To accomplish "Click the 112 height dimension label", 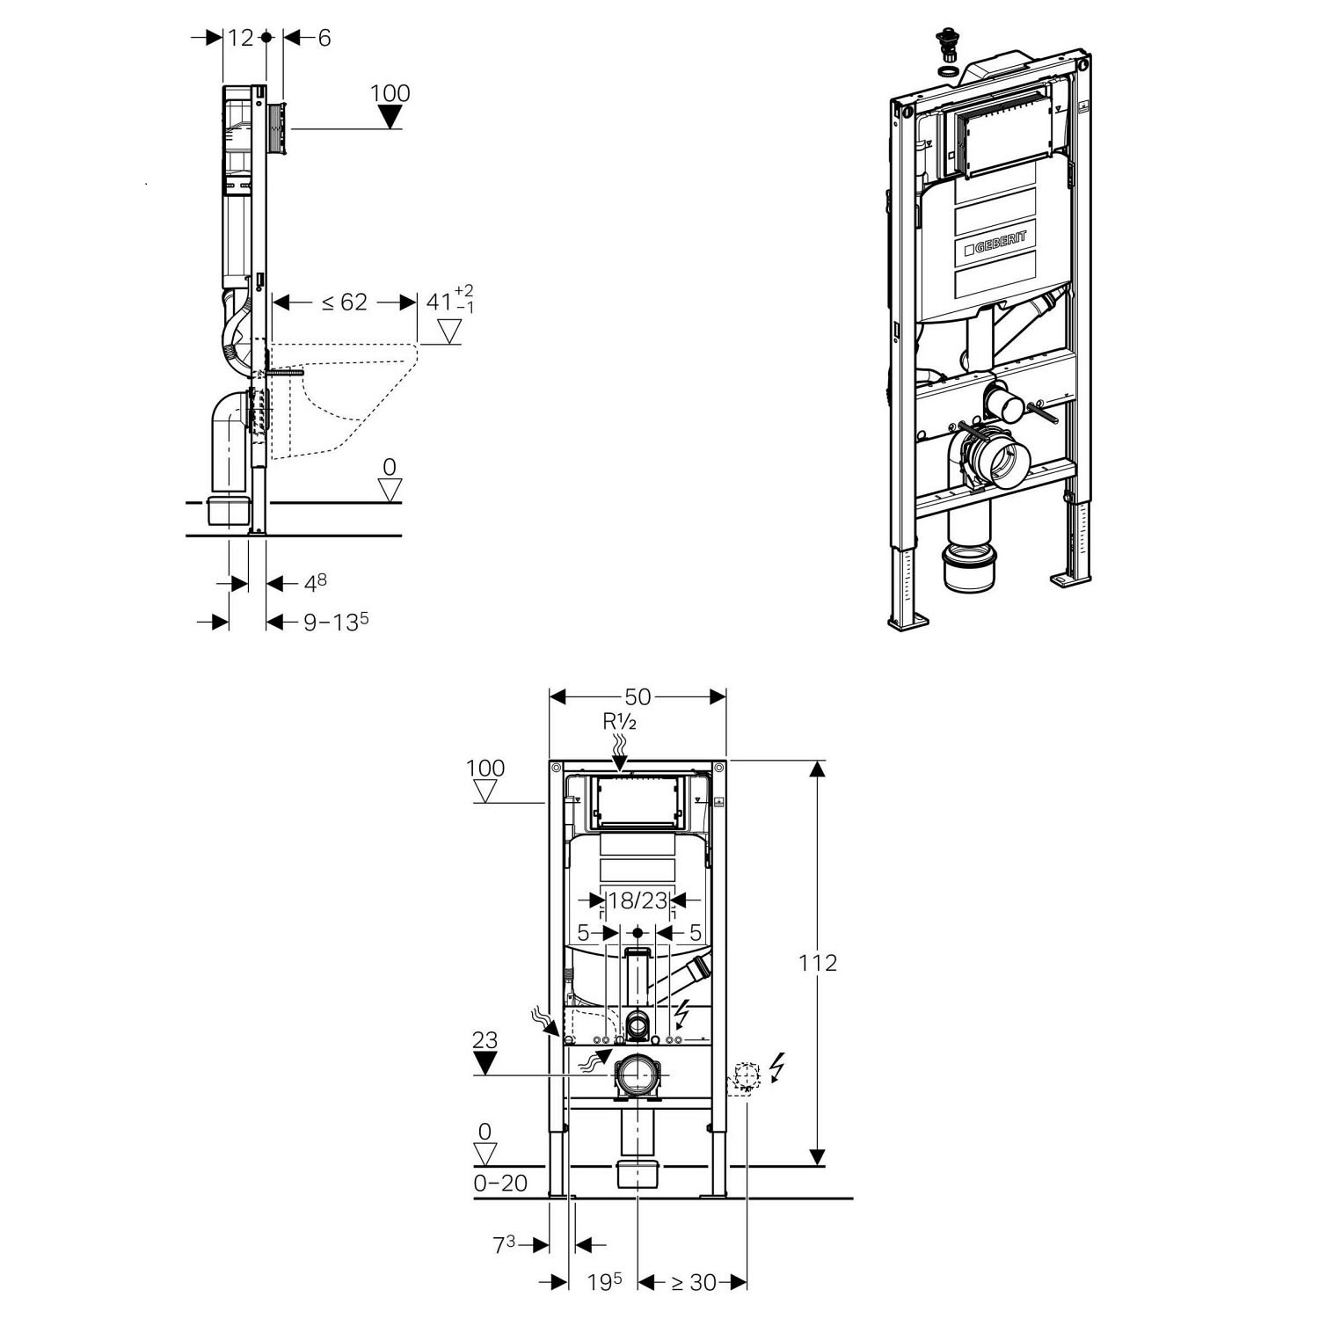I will (818, 963).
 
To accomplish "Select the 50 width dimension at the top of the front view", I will (638, 696).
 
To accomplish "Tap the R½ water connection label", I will (619, 722).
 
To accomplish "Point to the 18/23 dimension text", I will (638, 900).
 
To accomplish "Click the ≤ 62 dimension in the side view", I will (344, 302).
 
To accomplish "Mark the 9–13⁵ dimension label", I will (335, 622).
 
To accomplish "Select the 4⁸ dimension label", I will (316, 583).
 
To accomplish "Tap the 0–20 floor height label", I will (500, 1184).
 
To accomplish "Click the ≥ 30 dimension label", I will (694, 1282).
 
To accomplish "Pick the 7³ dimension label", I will (504, 1244).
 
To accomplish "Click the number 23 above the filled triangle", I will (485, 1040).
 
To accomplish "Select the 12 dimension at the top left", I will (240, 38).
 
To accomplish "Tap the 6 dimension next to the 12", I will (324, 38).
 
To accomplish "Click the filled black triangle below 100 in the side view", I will (390, 117).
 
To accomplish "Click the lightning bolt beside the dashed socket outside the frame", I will (776, 1068).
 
